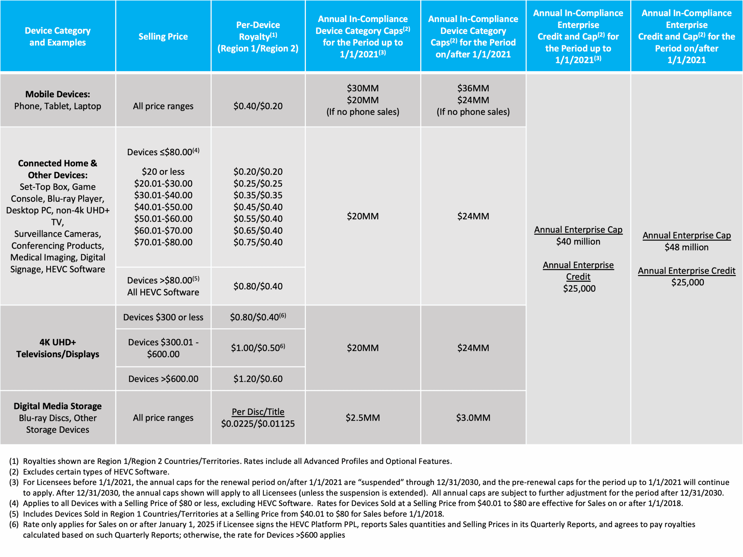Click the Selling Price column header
click(163, 36)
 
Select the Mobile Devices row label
click(57, 94)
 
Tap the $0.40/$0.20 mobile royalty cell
click(258, 106)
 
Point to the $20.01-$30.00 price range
click(163, 183)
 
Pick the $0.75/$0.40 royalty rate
click(258, 242)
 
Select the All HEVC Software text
click(163, 292)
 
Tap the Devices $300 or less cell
click(163, 317)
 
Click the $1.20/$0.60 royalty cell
click(258, 379)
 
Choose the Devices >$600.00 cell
click(163, 379)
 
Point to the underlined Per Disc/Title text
click(258, 412)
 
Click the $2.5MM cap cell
click(363, 418)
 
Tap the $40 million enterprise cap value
click(578, 241)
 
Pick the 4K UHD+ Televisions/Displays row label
click(57, 348)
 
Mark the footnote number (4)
click(14, 503)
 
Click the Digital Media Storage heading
click(57, 406)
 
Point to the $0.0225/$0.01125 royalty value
click(258, 424)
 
